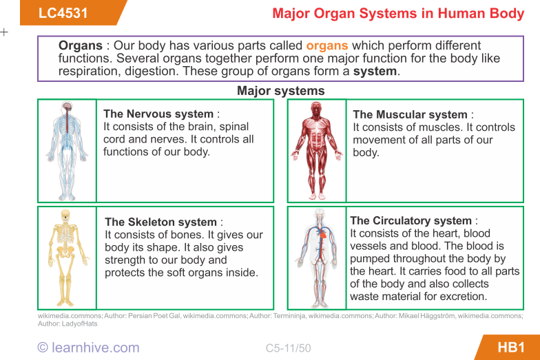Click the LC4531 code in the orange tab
(63, 13)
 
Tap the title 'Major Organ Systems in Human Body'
(398, 14)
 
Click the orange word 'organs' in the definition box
(327, 46)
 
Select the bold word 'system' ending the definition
(375, 71)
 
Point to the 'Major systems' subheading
(280, 91)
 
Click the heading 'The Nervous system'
(158, 114)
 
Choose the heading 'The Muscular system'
(410, 115)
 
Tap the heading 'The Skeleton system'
(160, 222)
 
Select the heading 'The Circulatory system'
(411, 221)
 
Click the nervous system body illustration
(67, 151)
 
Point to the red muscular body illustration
(316, 151)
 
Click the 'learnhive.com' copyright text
(88, 348)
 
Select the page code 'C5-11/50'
(288, 348)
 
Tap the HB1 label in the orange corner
(511, 347)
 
